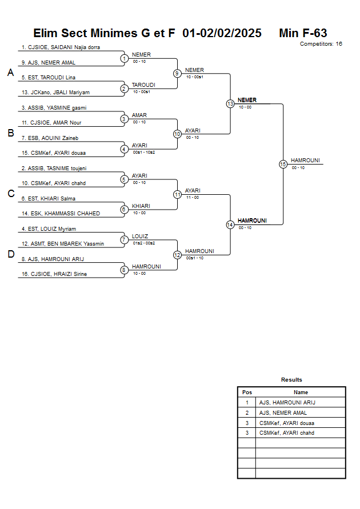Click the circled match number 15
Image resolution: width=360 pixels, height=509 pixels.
(x=283, y=165)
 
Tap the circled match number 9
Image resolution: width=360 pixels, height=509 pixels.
(x=177, y=73)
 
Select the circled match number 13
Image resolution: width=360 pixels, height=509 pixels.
(x=230, y=103)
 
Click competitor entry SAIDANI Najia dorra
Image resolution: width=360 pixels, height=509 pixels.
(x=61, y=47)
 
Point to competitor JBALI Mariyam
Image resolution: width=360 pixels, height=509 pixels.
(x=55, y=93)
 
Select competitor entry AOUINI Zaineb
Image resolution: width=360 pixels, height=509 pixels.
(x=50, y=138)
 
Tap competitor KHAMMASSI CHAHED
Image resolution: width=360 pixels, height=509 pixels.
(x=61, y=214)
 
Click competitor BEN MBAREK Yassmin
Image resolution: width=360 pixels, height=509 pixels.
(x=63, y=244)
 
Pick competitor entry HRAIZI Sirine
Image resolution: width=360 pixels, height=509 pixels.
(x=54, y=274)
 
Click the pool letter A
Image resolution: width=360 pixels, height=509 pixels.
(x=11, y=73)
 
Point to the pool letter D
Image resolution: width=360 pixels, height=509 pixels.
(x=11, y=254)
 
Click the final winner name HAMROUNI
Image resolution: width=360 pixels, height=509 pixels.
(x=305, y=161)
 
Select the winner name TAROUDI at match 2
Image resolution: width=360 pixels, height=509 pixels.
(x=143, y=85)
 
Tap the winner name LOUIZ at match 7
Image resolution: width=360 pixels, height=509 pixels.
(x=140, y=237)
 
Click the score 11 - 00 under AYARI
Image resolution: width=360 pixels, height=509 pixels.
(x=193, y=197)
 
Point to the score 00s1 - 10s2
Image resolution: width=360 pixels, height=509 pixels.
(x=144, y=153)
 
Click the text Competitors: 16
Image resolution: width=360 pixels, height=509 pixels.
(x=321, y=44)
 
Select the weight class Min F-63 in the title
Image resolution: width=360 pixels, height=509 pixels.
(x=303, y=33)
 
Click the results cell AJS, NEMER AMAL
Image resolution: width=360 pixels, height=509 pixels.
(x=283, y=413)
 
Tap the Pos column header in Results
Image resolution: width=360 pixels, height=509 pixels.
(x=247, y=392)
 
